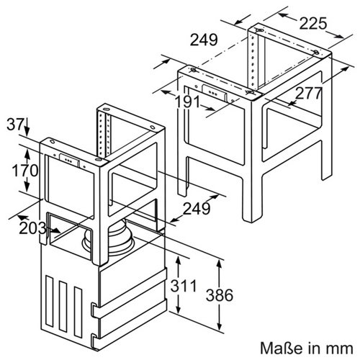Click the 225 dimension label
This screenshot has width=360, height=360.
pyautogui.click(x=313, y=24)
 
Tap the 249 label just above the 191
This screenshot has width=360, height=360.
pyautogui.click(x=204, y=40)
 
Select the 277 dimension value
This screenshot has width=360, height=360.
pyautogui.click(x=308, y=94)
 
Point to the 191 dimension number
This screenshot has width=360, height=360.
pyautogui.click(x=188, y=102)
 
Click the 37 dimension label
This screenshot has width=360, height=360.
pyautogui.click(x=15, y=125)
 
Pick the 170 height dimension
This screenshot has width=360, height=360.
pyautogui.click(x=25, y=171)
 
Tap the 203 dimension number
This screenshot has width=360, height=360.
pyautogui.click(x=32, y=228)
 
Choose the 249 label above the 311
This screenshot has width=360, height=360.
pyautogui.click(x=197, y=208)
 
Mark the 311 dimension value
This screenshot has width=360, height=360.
pyautogui.click(x=184, y=286)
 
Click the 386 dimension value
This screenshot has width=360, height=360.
pyautogui.click(x=220, y=295)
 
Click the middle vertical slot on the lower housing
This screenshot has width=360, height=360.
pyautogui.click(x=63, y=306)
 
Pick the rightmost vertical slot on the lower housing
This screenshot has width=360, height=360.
pyautogui.click(x=78, y=312)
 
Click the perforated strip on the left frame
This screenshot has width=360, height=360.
pyautogui.click(x=104, y=135)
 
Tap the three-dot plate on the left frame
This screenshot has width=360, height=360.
pyautogui.click(x=69, y=160)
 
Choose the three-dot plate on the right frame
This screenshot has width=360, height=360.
pyautogui.click(x=215, y=92)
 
